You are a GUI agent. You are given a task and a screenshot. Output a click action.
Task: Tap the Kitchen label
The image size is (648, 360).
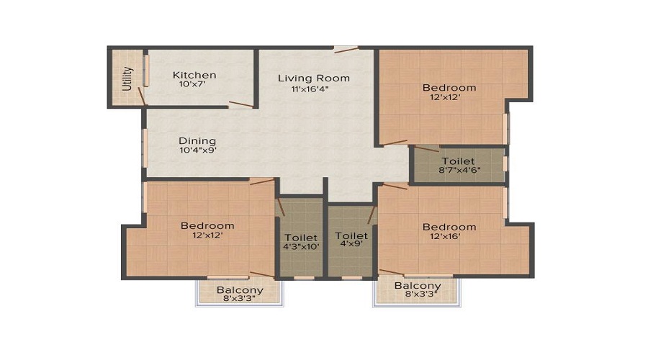tap(194, 75)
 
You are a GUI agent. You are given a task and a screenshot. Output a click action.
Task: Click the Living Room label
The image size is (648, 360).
tap(314, 78)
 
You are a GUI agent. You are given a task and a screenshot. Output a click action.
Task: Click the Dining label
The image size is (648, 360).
tap(197, 140)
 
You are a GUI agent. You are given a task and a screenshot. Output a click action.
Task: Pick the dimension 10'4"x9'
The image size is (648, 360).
tap(198, 150)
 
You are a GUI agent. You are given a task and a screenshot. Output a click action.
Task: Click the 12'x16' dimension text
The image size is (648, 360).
tap(445, 236)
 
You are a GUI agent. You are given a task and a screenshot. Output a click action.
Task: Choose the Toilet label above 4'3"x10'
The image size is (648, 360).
tap(300, 237)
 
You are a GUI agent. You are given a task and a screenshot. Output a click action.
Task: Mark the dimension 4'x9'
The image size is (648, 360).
tap(351, 244)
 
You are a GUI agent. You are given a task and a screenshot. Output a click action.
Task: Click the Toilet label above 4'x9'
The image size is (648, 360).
tap(351, 235)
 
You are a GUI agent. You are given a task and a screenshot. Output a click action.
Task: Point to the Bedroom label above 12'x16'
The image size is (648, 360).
tap(449, 226)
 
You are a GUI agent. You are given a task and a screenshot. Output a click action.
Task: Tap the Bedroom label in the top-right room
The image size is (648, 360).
tap(449, 88)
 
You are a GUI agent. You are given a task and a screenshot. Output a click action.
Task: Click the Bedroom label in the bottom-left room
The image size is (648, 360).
tap(207, 225)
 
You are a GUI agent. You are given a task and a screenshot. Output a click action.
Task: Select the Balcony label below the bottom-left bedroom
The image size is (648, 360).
tap(240, 290)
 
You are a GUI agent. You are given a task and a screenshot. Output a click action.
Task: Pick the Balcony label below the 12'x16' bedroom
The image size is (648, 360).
tap(418, 285)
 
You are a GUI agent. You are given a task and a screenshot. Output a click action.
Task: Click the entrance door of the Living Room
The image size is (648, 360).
tap(346, 50)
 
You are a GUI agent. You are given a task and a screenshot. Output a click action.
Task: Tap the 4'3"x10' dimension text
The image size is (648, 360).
tap(302, 246)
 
